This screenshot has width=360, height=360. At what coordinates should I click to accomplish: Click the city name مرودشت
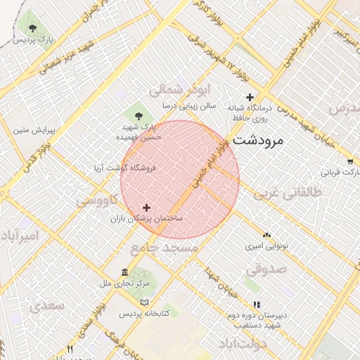257,139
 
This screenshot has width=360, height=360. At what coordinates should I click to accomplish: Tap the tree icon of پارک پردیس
33,28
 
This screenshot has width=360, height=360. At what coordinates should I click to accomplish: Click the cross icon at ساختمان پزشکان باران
146,207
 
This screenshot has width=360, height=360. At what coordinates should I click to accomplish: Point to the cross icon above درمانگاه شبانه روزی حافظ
249,97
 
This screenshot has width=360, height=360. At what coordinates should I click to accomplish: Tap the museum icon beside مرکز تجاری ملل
125,273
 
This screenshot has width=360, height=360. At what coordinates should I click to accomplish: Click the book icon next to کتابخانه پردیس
145,302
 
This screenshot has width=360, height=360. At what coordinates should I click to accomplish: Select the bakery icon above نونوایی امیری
266,236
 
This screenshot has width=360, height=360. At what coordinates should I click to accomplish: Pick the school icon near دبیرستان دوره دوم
256,305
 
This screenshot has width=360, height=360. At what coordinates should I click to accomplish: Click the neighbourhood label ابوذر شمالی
179,90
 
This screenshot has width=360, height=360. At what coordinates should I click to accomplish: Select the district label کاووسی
98,201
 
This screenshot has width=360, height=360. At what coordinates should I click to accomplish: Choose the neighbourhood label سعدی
46,306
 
